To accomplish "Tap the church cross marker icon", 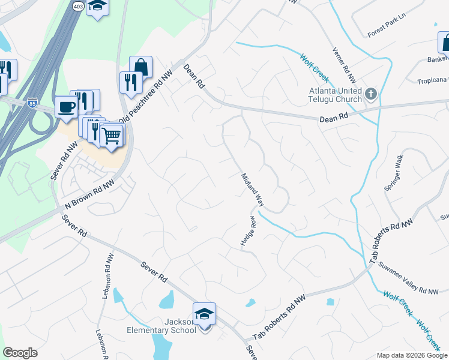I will tap(371, 94).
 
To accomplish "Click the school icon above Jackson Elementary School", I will tap(204, 314).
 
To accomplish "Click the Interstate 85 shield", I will tap(31, 104).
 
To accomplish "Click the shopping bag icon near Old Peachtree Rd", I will tap(140, 67).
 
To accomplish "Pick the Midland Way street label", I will tap(252, 190).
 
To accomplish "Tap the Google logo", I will tap(20, 353).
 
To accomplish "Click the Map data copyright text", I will tap(411, 355).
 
